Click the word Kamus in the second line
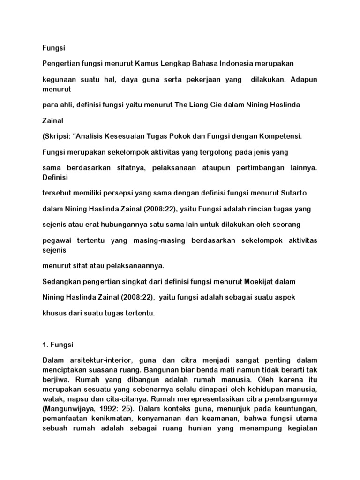pos(145,63)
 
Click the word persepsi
pos(125,193)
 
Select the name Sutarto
pos(294,193)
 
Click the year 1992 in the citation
pos(105,408)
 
